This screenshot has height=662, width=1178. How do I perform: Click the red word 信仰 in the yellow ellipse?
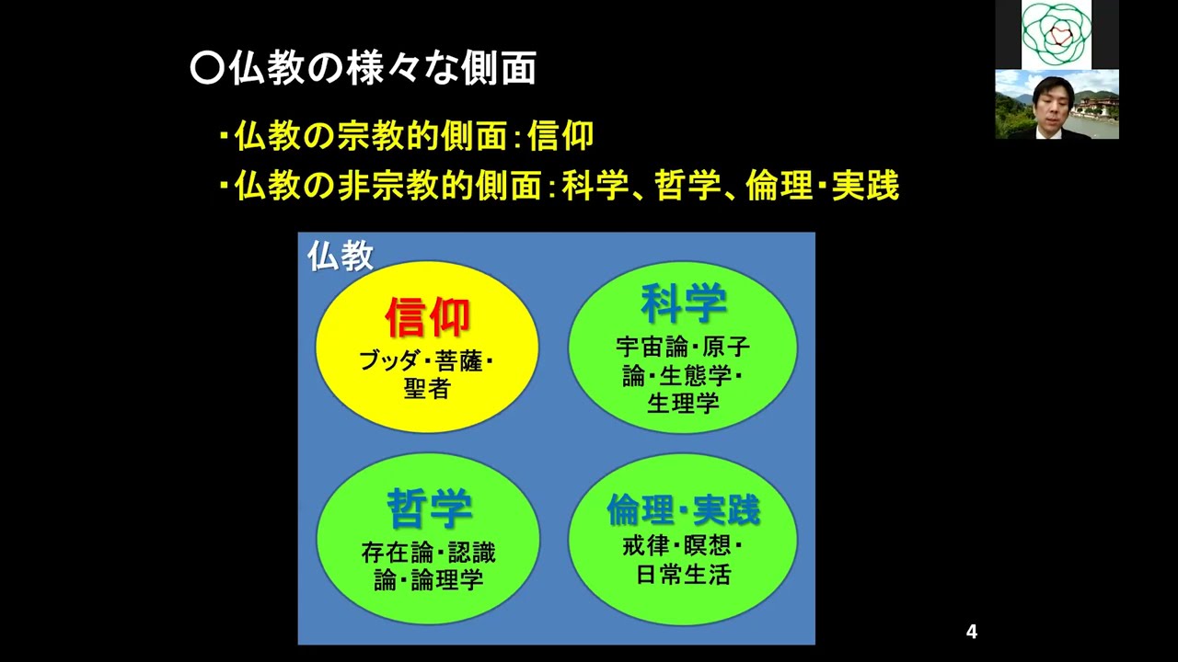pos(427,317)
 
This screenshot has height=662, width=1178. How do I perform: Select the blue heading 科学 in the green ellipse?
pos(683,303)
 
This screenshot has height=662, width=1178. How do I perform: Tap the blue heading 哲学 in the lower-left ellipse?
pos(429,508)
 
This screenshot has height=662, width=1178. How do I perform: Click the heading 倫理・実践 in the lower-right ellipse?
pos(683,508)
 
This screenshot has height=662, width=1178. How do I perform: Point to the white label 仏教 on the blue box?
pos(340,256)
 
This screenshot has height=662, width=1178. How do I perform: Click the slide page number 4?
pos(971,632)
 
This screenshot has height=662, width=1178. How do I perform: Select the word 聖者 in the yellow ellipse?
pos(427,388)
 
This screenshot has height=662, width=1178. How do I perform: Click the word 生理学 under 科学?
pos(683,403)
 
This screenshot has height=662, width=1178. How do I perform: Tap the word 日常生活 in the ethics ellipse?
pos(683,575)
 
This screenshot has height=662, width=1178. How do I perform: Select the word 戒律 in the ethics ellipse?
pos(644,546)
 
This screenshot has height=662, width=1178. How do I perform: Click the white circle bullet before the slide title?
pos(206,69)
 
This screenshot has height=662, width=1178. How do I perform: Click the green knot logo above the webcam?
pos(1057,34)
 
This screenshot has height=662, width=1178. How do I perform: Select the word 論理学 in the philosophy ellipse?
pos(451,579)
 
